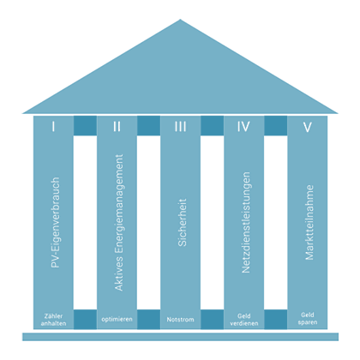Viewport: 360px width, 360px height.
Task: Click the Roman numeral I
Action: (x=53, y=126)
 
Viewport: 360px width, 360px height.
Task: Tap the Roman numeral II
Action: (x=117, y=126)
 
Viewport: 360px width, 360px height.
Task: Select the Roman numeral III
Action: (x=180, y=126)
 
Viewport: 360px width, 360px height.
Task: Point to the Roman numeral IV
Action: (x=243, y=126)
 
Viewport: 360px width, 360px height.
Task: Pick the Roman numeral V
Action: (x=308, y=127)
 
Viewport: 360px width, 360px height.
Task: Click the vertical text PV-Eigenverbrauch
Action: (x=55, y=222)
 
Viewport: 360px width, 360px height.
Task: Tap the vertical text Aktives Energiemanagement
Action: (x=119, y=223)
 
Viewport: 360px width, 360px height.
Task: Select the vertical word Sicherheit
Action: (x=182, y=222)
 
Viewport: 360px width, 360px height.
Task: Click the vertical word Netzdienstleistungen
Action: (x=246, y=222)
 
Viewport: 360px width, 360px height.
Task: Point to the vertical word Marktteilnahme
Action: (x=309, y=222)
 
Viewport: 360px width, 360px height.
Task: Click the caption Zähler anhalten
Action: (x=53, y=320)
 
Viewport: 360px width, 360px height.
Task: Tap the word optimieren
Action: (x=117, y=319)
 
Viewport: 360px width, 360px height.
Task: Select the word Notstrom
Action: (x=180, y=319)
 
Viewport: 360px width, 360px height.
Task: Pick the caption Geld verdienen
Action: (x=244, y=320)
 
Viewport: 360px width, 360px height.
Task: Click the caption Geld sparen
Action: (x=308, y=319)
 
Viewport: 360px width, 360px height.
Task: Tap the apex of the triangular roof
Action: (x=180, y=20)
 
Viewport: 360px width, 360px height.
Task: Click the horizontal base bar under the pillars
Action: (x=180, y=337)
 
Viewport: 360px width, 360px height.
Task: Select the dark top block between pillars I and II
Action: (x=85, y=125)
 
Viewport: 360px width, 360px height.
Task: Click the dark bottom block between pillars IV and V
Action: (x=276, y=319)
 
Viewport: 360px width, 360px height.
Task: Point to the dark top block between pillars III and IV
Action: (x=212, y=125)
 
